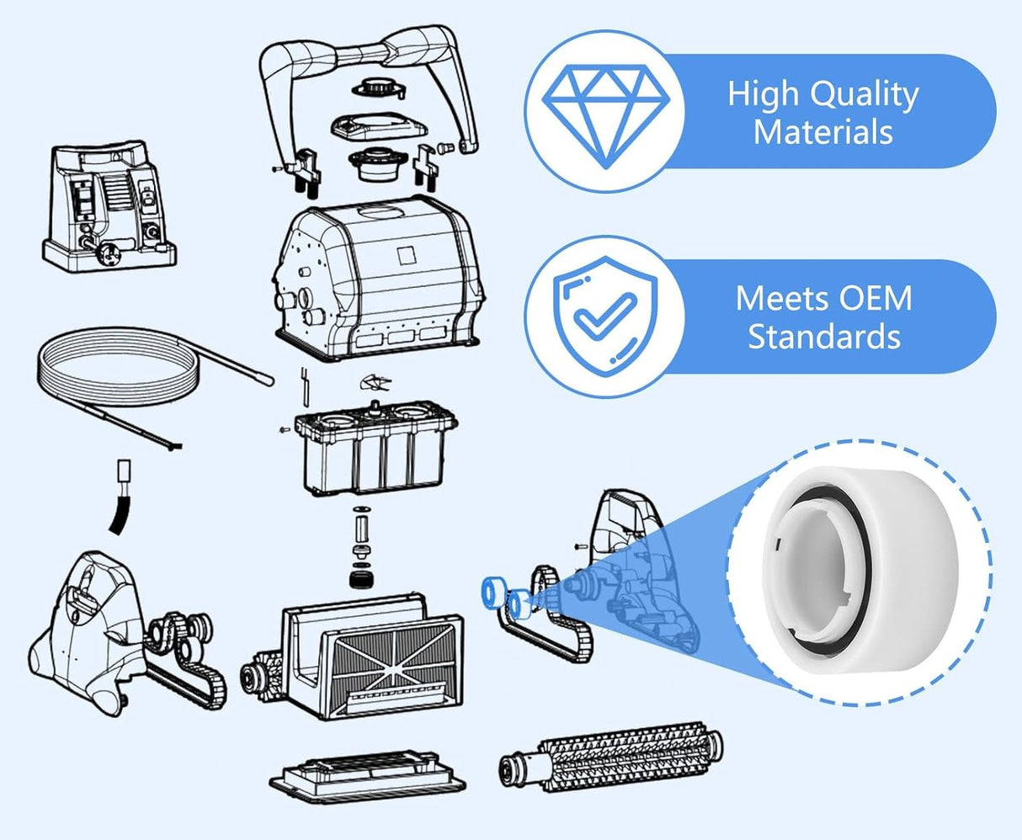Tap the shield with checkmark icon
coord(605,316)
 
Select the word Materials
coord(823,132)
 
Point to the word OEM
coord(876,299)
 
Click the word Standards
coord(824,336)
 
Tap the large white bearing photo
coord(844,572)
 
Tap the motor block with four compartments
coord(376,447)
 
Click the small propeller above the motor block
coord(375,383)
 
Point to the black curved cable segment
coord(120,516)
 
